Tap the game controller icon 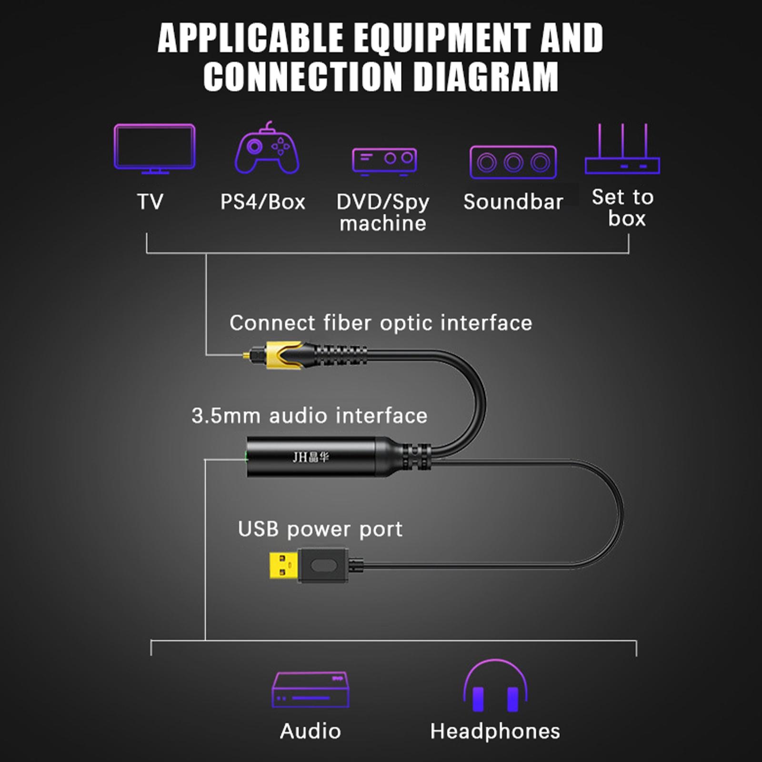tap(267, 148)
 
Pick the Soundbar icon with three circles tap(513, 162)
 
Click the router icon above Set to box tap(622, 149)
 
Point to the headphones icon tap(495, 686)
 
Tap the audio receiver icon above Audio tap(311, 690)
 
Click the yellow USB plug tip tap(284, 565)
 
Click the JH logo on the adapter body tap(311, 457)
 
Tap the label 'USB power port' tap(320, 529)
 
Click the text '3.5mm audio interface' tap(310, 415)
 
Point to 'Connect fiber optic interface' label tap(381, 323)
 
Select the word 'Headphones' tap(495, 731)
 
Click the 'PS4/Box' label tap(262, 202)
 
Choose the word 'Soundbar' tap(513, 201)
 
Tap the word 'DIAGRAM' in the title tap(486, 76)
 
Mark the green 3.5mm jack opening tap(246, 457)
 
